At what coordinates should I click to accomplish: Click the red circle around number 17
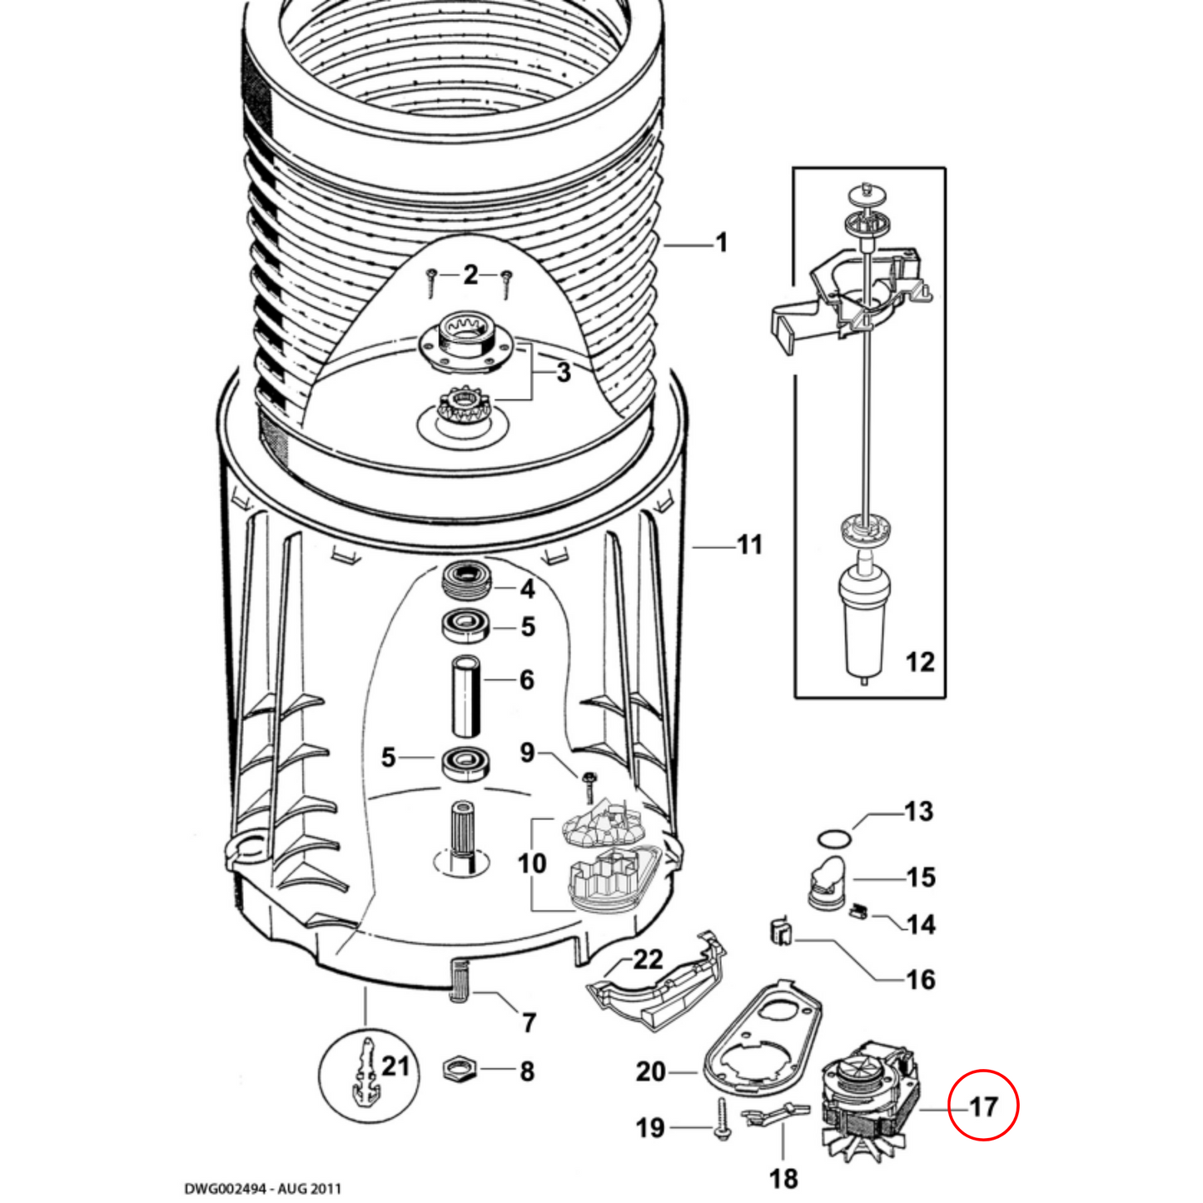pyautogui.click(x=983, y=1105)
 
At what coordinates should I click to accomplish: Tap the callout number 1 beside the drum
pyautogui.click(x=721, y=243)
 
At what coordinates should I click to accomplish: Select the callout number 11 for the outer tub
pyautogui.click(x=749, y=545)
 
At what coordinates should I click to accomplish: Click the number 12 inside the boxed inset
pyautogui.click(x=919, y=662)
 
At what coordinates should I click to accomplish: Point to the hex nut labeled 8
pyautogui.click(x=457, y=1068)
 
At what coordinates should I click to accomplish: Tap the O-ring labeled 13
pyautogui.click(x=833, y=836)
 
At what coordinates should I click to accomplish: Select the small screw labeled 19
pyautogui.click(x=722, y=1119)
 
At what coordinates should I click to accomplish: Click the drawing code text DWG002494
pyautogui.click(x=262, y=1188)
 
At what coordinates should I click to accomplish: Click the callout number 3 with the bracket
pyautogui.click(x=564, y=372)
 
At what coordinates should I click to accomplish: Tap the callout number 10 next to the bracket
pyautogui.click(x=532, y=863)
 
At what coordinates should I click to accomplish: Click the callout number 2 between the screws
pyautogui.click(x=471, y=274)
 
